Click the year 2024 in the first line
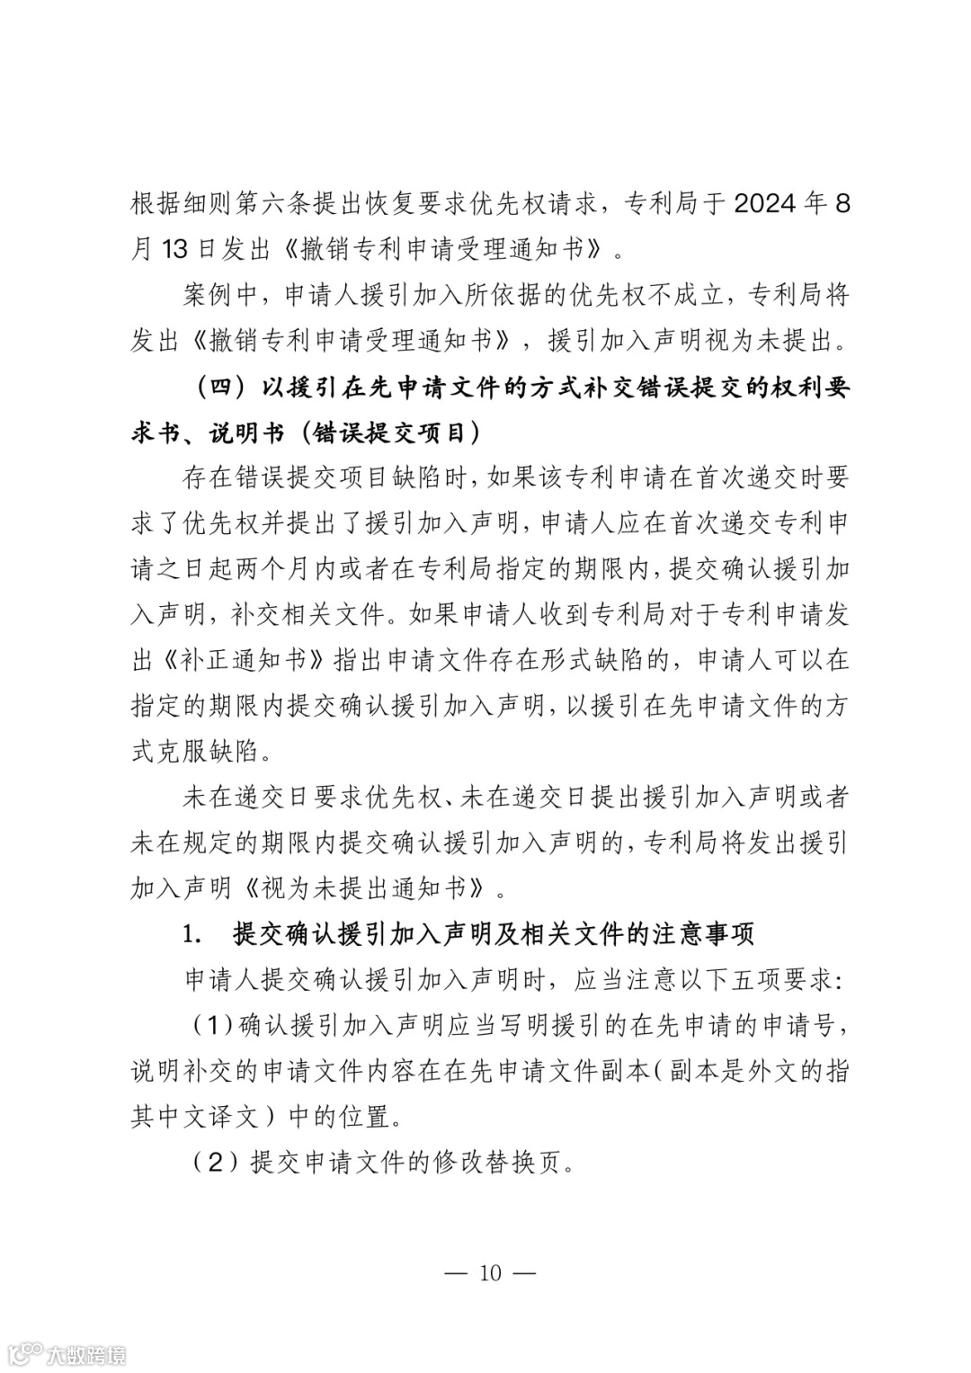[765, 203]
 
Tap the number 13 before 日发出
[174, 249]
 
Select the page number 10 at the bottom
[491, 1273]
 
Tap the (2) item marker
[214, 1163]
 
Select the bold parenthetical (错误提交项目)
[390, 432]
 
